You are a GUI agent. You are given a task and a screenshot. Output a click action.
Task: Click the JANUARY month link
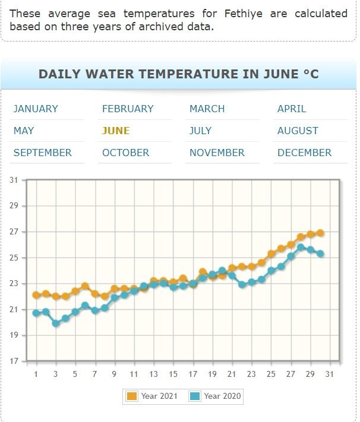coord(36,109)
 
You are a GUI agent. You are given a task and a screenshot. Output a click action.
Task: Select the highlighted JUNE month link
coord(116,131)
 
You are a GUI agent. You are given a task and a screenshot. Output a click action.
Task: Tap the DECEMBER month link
coord(304,153)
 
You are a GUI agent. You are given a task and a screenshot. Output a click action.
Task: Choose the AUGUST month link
coord(298,131)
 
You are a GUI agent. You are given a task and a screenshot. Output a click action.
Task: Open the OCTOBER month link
coord(125,153)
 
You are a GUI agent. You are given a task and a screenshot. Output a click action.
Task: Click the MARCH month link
coord(207,109)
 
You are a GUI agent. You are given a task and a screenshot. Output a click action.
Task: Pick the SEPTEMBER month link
coord(42,153)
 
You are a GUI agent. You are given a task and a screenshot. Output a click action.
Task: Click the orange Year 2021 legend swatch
coord(132,396)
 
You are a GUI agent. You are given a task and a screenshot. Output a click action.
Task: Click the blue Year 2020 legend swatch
coord(195,396)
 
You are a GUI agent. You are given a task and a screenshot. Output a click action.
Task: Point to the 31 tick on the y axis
coord(14,180)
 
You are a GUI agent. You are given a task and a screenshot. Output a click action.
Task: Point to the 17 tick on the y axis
coord(14,361)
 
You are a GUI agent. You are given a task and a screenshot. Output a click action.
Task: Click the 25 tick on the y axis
coord(14,258)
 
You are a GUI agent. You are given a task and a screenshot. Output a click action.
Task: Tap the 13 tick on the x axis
coord(154,374)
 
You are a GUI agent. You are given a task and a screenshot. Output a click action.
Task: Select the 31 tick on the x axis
coord(330,374)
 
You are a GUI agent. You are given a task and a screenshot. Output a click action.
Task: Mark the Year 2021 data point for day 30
coord(320,233)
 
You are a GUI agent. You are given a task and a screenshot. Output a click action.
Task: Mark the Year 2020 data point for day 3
coord(56,323)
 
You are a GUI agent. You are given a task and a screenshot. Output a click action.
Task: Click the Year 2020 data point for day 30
coord(320,253)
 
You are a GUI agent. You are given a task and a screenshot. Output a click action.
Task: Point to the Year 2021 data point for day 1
coord(36,295)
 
